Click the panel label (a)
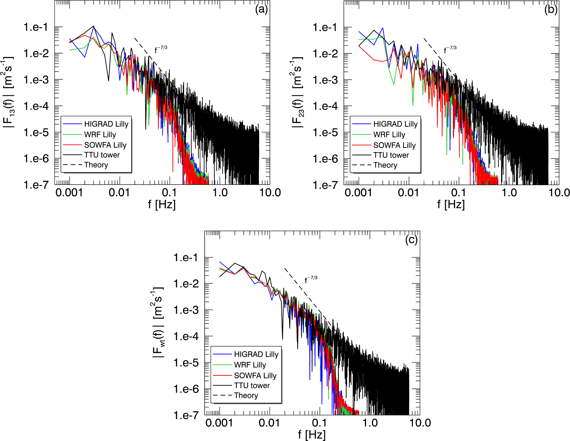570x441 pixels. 261,10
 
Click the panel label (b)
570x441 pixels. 551,10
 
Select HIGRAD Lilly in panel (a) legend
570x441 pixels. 106,124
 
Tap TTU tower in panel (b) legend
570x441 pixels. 391,155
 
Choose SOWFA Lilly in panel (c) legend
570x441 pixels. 255,376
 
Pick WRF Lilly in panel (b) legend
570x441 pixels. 389,135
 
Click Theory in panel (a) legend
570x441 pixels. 96,165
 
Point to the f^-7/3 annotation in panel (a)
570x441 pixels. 161,49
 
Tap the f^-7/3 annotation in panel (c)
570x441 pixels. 311,279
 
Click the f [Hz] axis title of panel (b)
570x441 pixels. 451,204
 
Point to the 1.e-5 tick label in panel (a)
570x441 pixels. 36,133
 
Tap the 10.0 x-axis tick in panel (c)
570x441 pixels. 420,423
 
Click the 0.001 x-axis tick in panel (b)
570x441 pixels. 358,193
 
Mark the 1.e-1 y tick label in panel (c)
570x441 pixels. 186,258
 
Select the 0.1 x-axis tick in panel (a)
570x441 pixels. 169,193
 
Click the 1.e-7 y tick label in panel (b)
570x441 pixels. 325,185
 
